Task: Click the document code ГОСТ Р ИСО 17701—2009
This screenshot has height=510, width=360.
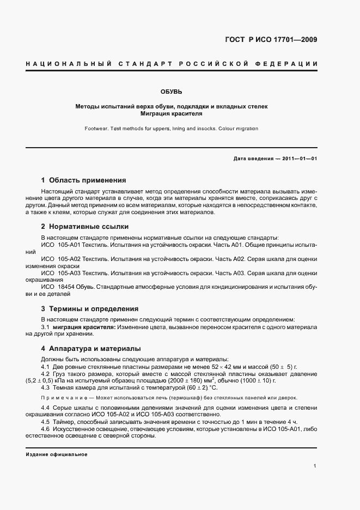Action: [271, 40]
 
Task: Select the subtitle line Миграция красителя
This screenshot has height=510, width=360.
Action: [171, 114]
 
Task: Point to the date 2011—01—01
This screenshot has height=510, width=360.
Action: [298, 159]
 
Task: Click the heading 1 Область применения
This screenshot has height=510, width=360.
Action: [83, 180]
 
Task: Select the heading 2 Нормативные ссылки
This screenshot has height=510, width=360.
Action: [84, 226]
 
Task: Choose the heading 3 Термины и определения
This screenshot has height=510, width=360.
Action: [90, 308]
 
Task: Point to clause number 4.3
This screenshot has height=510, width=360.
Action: [46, 387]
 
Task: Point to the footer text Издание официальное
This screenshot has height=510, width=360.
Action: [57, 454]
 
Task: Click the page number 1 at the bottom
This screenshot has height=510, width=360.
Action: [315, 466]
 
